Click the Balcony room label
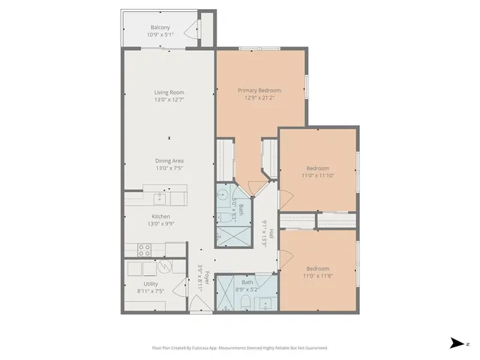160,28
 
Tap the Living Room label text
169,92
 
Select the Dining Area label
169,160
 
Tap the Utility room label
151,284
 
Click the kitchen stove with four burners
145,249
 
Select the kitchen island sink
159,199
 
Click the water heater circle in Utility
164,266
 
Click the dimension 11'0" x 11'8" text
317,275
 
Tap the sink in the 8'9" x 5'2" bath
266,303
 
